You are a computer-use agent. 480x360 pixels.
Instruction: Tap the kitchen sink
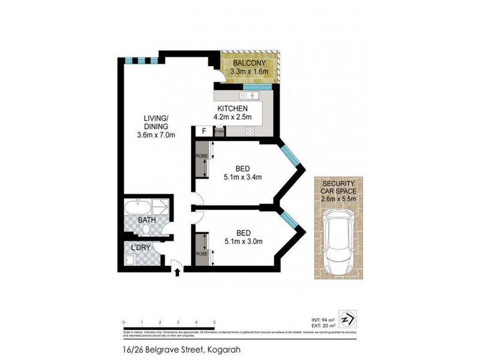[248, 95]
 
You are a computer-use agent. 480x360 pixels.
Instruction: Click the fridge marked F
[203, 131]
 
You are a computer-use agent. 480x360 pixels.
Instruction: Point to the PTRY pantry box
[219, 132]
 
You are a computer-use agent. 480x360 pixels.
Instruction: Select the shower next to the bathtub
[161, 208]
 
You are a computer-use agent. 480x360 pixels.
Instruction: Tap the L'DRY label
[142, 248]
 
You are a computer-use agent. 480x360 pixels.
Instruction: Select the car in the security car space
[338, 240]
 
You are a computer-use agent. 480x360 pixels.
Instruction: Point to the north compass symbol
[347, 317]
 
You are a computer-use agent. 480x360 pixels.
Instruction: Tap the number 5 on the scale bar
[214, 322]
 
